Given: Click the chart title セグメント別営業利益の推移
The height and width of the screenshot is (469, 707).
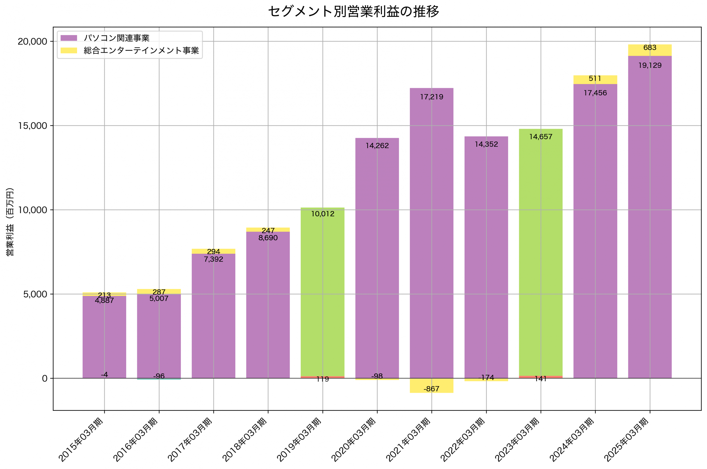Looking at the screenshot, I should [353, 12].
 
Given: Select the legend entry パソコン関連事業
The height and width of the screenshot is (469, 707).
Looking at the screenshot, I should [117, 38].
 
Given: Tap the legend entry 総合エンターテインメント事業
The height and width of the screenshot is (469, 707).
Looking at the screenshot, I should [141, 51].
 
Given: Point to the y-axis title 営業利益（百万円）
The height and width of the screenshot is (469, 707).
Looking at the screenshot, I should [10, 222].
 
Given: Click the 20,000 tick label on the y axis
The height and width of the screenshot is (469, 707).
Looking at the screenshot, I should [33, 41].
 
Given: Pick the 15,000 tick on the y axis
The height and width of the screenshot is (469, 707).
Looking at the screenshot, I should [33, 126].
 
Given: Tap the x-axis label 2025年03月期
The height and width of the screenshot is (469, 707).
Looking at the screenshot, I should [627, 440].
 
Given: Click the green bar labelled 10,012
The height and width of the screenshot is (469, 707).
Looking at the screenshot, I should [322, 293].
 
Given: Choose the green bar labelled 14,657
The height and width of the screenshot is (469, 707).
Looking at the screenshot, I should [540, 254].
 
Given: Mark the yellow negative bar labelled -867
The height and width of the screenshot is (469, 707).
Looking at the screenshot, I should [431, 386].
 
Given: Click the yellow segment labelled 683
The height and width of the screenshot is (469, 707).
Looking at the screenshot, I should [650, 50].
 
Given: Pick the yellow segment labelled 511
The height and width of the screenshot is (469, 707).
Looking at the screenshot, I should [595, 80].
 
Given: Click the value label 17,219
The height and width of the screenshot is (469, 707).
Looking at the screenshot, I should [431, 97].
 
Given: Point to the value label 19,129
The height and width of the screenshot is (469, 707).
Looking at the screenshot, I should [650, 65].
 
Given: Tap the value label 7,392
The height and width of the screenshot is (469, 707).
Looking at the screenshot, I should [213, 259].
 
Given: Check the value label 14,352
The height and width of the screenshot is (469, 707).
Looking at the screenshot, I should [486, 145].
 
